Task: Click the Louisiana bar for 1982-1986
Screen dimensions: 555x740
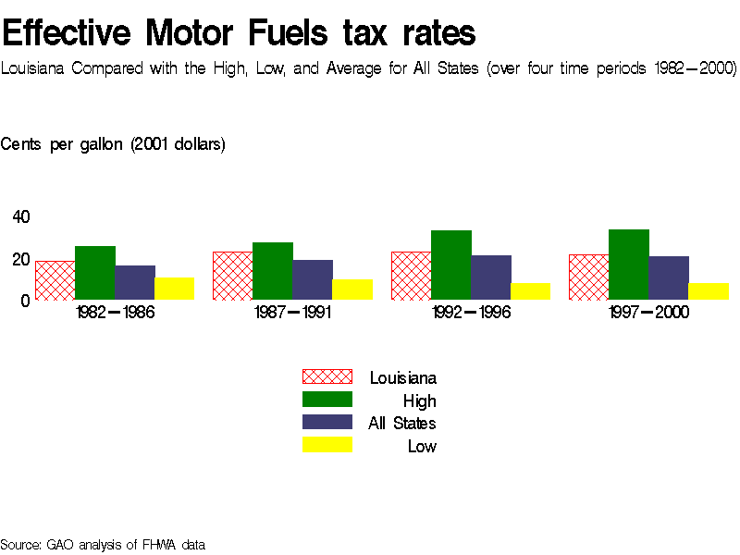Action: tap(55, 280)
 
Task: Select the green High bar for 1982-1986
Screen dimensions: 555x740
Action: tap(94, 273)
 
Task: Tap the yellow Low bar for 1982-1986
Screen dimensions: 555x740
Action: tap(174, 289)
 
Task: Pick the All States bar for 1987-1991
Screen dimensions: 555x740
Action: tap(312, 279)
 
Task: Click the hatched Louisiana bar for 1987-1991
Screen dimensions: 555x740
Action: tap(232, 276)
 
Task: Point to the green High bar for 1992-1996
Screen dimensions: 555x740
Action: tap(450, 265)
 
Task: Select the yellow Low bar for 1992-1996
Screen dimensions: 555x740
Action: tap(530, 291)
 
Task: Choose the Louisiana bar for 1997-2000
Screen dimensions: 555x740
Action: tap(588, 277)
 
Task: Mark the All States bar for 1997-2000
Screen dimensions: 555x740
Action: tap(668, 277)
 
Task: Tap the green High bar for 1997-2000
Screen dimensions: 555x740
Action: tap(628, 265)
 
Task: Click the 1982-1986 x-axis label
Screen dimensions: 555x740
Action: tap(115, 313)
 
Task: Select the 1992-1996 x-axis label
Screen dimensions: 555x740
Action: tap(471, 313)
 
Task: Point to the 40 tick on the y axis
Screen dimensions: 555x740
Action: tap(20, 216)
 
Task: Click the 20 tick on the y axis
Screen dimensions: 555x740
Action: tap(20, 259)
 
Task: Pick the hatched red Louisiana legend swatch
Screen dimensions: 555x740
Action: tap(327, 376)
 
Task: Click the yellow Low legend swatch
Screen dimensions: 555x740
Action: tap(327, 446)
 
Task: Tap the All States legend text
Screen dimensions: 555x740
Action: tap(401, 424)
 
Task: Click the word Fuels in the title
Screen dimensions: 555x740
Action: tap(288, 34)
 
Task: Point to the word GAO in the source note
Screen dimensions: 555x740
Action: tap(60, 545)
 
